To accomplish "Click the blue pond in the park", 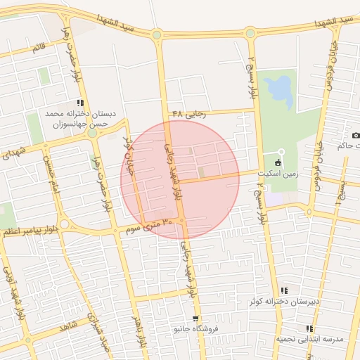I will tap(280, 89).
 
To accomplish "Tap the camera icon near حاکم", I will tap(355, 135).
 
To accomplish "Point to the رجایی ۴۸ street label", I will tap(189, 113).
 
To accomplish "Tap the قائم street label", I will tap(38, 49).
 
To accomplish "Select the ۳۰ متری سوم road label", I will tap(148, 226).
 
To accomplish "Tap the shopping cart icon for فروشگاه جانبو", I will tap(195, 319).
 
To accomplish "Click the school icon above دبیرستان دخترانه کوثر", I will tap(284, 290).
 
